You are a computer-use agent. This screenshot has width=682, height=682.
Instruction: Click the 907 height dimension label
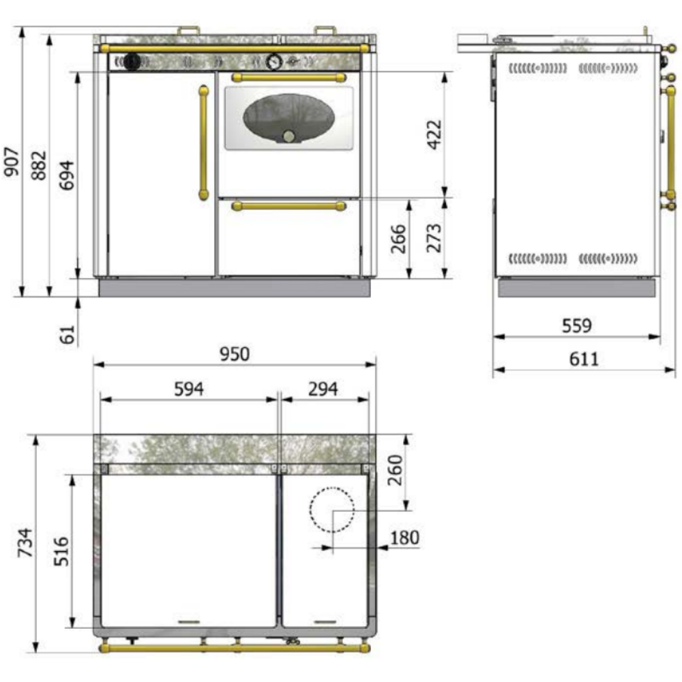coord(12,162)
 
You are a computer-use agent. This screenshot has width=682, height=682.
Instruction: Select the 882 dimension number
coord(39,165)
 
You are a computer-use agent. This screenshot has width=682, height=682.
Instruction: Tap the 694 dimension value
coord(67,175)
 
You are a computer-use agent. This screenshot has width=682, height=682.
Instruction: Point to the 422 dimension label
coord(434,134)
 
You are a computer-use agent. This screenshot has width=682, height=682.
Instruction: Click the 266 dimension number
coord(398,239)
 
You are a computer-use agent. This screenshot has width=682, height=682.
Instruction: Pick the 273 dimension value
coord(434,238)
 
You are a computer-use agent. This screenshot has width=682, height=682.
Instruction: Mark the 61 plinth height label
coord(67,334)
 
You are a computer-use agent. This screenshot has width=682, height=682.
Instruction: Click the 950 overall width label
coord(235,354)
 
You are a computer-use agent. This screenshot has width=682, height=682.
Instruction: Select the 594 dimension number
coord(189,389)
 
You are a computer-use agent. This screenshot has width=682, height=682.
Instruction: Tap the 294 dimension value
coord(323,389)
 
